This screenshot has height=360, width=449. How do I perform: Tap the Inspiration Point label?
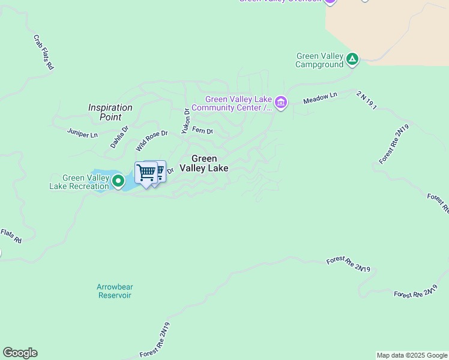click(110, 112)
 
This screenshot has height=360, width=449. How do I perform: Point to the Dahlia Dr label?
click(119, 136)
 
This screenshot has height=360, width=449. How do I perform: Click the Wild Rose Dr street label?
click(151, 140)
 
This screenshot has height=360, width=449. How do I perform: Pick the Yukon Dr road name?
click(185, 121)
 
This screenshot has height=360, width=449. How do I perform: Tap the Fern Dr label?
click(202, 131)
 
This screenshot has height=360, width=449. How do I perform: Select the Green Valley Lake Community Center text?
click(239, 103)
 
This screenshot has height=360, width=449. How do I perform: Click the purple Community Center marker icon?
click(281, 103)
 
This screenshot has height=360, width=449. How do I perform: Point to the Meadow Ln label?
click(321, 98)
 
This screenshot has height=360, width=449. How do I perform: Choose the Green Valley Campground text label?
click(320, 60)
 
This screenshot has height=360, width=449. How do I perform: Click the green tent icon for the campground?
click(352, 59)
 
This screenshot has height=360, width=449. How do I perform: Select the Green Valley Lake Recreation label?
click(79, 182)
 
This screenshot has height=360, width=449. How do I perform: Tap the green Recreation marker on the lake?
click(118, 180)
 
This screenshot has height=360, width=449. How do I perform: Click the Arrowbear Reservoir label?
click(114, 291)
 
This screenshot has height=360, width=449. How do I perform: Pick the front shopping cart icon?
click(146, 173)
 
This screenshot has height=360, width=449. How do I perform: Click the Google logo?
click(20, 353)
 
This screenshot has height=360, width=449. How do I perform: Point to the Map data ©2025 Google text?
click(412, 355)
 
